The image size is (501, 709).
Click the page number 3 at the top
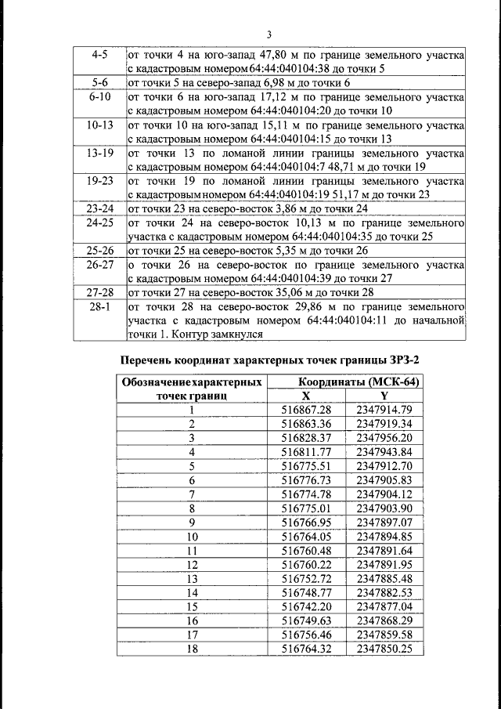(269, 34)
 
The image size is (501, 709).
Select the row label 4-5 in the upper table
(99, 56)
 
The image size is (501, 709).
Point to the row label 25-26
(99, 251)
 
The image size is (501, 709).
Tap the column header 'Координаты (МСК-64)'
(348, 382)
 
